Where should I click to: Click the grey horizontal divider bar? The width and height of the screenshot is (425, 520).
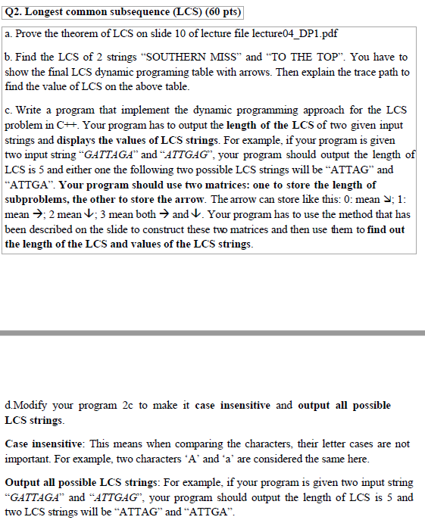(212, 333)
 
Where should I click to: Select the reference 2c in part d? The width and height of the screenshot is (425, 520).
(127, 406)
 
